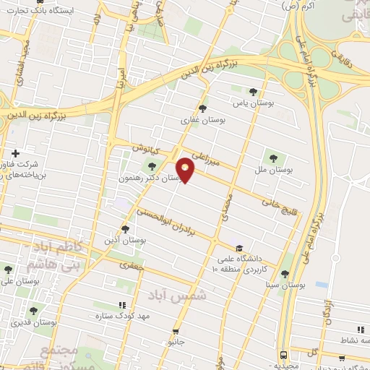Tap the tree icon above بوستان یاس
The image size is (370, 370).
click(252, 92)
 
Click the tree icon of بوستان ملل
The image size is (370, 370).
click(273, 157)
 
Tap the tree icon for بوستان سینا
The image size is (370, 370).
click(285, 274)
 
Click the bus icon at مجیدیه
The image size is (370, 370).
click(283, 356)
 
